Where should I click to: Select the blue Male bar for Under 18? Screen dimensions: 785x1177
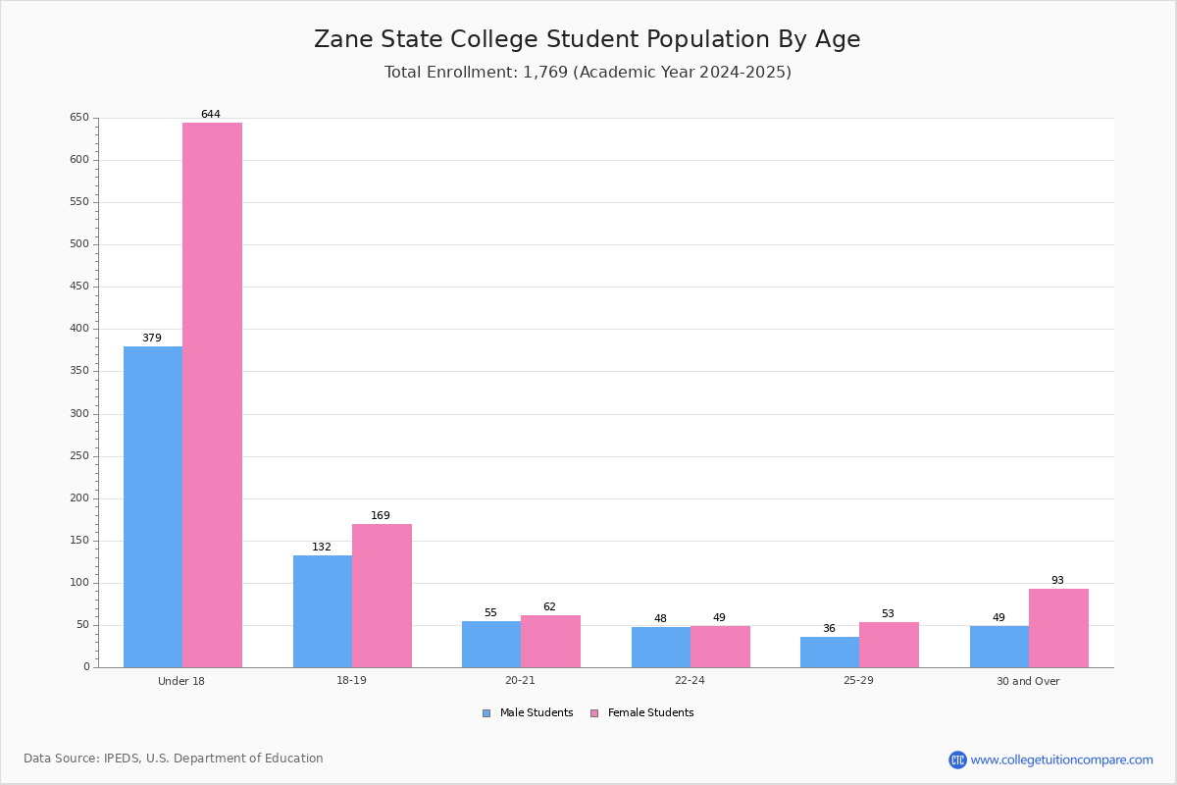[x=153, y=506]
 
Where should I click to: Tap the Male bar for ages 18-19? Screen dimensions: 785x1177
[x=323, y=611]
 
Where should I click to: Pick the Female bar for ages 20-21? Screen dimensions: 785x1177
[x=550, y=641]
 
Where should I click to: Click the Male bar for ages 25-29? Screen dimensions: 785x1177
[x=830, y=652]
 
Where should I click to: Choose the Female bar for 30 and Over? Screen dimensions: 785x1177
[x=1058, y=628]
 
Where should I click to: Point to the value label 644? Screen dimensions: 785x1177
[x=211, y=115]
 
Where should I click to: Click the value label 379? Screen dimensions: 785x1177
[x=152, y=339]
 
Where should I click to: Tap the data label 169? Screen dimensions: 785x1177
[x=381, y=516]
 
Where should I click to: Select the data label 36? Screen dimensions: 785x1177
[x=829, y=629]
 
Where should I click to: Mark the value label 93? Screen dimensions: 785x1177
[x=1057, y=581]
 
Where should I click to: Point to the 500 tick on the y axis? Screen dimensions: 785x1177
[x=78, y=244]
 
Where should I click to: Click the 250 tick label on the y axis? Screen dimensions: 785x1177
[x=78, y=456]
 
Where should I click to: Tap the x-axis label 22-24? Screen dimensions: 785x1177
[x=690, y=681]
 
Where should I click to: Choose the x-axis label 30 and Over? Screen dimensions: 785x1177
[x=1028, y=681]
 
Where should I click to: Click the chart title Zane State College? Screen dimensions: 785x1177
[x=587, y=39]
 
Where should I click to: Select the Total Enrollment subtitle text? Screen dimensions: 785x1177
[x=587, y=73]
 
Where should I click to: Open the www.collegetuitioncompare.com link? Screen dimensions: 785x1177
[x=1061, y=759]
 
